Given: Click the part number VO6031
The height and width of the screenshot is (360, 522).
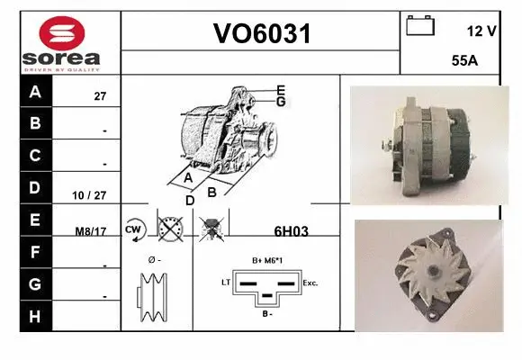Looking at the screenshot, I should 261,34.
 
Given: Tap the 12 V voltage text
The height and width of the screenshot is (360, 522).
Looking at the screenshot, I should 481,31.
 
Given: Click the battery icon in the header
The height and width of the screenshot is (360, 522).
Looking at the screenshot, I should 420,26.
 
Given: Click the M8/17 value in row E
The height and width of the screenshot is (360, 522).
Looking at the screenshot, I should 91,230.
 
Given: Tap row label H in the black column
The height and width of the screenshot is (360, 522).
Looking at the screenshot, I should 35,318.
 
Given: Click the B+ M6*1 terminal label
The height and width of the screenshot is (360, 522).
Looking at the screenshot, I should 268,261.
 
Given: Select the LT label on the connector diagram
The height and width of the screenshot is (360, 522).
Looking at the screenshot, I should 226,283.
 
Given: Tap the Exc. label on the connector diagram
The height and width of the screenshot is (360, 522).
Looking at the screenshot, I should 310,283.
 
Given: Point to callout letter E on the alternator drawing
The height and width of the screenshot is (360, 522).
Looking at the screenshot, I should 281,90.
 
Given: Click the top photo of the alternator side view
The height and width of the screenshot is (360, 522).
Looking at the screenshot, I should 423,144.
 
